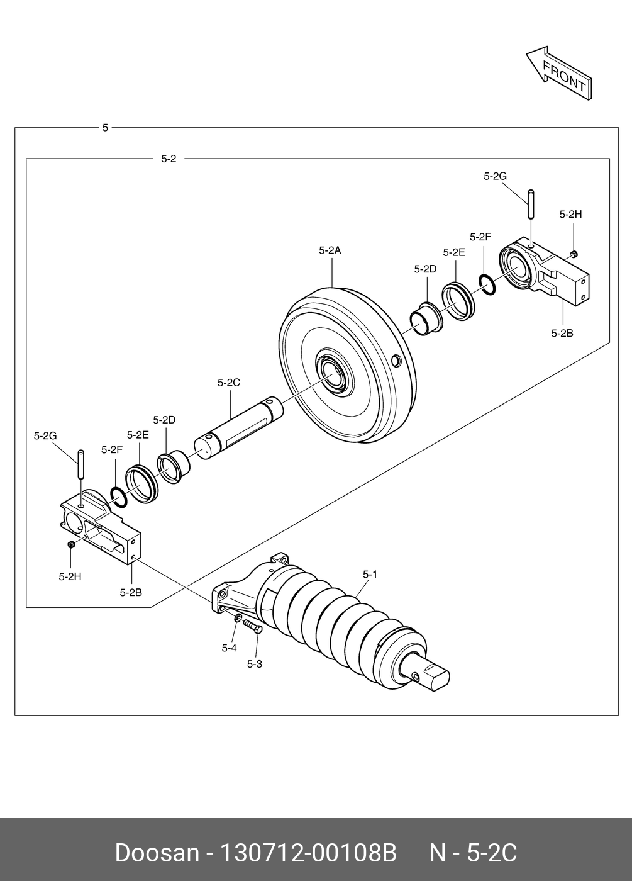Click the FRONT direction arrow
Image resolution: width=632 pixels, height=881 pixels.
(x=558, y=74)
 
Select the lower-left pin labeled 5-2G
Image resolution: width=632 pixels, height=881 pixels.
(x=80, y=464)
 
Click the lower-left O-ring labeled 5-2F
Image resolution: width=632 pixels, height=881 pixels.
(x=118, y=495)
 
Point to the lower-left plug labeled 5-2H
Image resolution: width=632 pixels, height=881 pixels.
(x=72, y=544)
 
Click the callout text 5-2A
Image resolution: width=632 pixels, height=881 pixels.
(x=330, y=250)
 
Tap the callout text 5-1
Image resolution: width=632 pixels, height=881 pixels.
(x=370, y=574)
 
